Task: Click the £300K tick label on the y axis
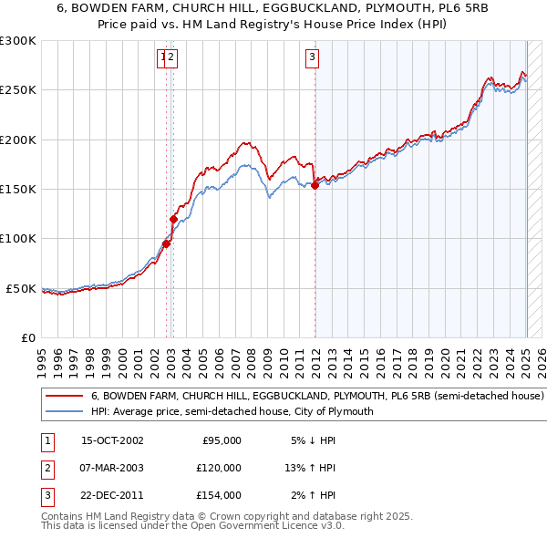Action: (x=18, y=41)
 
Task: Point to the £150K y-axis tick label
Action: (x=18, y=190)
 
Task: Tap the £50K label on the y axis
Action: (x=22, y=288)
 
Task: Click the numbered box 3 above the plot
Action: (x=312, y=58)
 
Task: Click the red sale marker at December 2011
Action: (x=315, y=186)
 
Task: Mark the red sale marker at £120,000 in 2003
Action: (x=172, y=219)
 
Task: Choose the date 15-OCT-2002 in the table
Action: (x=112, y=440)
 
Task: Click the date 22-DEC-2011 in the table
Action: (x=112, y=495)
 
